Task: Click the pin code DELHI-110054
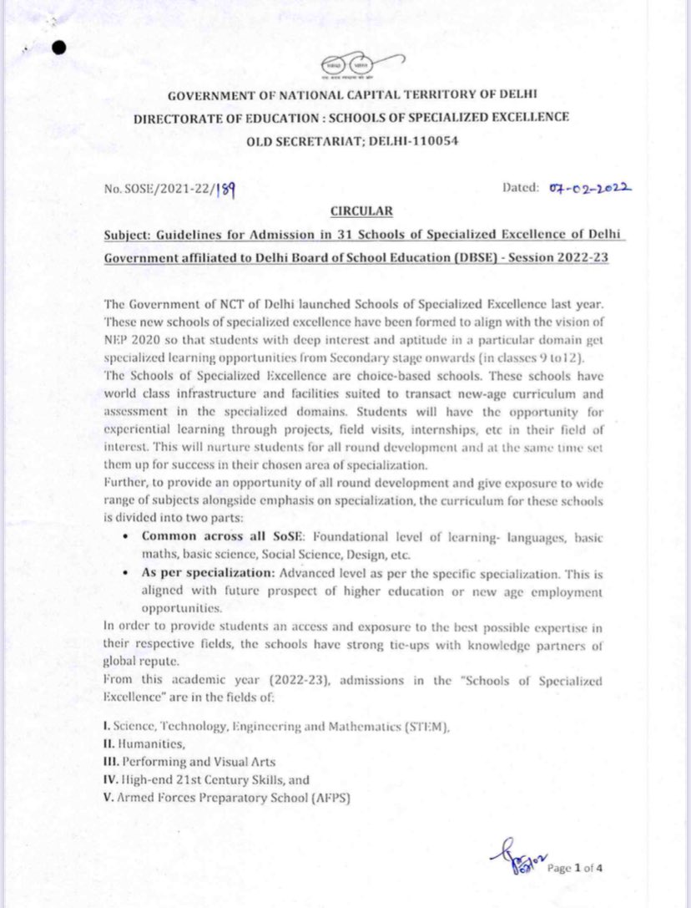coord(414,141)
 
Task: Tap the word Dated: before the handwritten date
coord(522,187)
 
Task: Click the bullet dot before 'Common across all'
coord(124,536)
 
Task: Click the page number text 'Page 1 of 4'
coord(576,867)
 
